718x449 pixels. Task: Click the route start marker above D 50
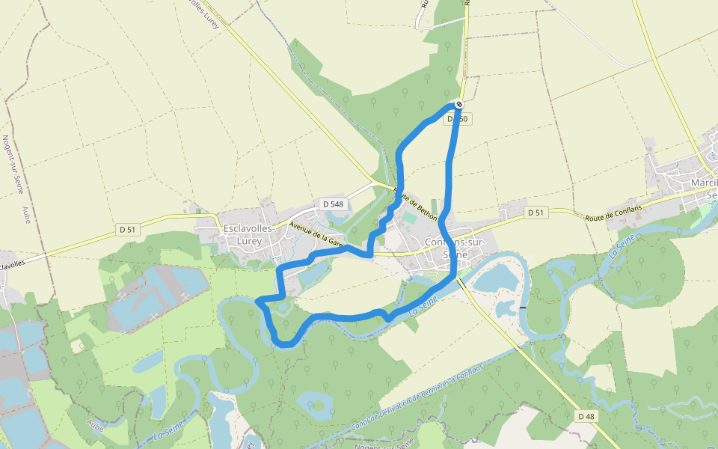pos(459,104)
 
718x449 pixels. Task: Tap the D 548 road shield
pos(332,204)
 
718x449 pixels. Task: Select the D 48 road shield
pos(586,415)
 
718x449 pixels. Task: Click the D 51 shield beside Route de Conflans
pos(535,213)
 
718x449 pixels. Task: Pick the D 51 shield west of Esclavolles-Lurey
pos(126,230)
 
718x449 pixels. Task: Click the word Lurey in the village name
pos(249,241)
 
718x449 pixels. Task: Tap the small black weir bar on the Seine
pos(522,307)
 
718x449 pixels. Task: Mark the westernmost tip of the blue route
pos(257,301)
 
